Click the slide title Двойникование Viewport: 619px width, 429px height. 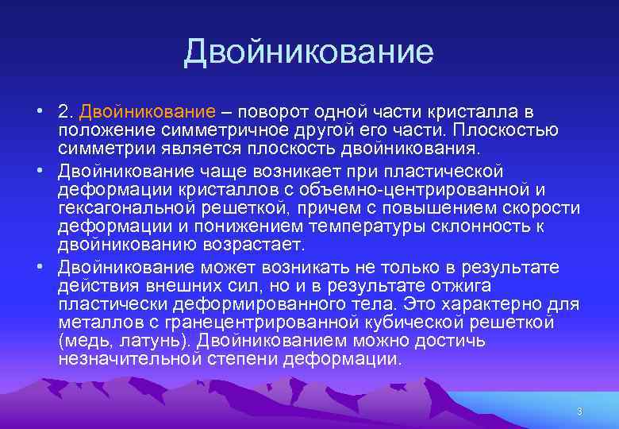[309, 52]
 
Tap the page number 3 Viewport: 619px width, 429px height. [579, 412]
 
